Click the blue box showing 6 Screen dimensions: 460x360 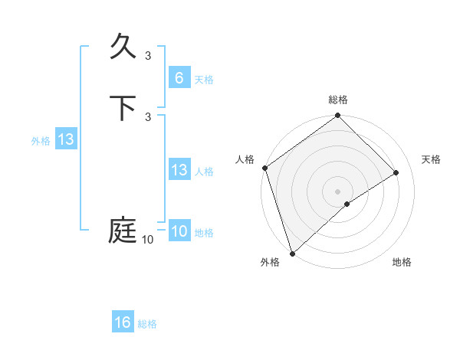[179, 78]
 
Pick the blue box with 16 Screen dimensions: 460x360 [123, 322]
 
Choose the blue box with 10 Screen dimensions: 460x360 [179, 231]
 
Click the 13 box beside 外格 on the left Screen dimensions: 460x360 [66, 139]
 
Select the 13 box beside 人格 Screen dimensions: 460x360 [179, 170]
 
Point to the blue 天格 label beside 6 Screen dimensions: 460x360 [204, 80]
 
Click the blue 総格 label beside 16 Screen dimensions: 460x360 [147, 324]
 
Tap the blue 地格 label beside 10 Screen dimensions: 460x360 [204, 233]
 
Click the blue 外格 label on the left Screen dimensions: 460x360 [41, 141]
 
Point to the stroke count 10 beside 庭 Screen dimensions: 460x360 [147, 240]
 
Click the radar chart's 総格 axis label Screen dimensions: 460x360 [338, 100]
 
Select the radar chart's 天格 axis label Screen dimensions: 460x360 [431, 159]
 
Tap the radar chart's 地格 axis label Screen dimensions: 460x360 [402, 262]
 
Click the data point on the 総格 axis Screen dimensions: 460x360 [338, 116]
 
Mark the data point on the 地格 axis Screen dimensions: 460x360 [347, 204]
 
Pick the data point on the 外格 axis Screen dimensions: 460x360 [291, 253]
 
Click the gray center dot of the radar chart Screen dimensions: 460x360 [338, 191]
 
